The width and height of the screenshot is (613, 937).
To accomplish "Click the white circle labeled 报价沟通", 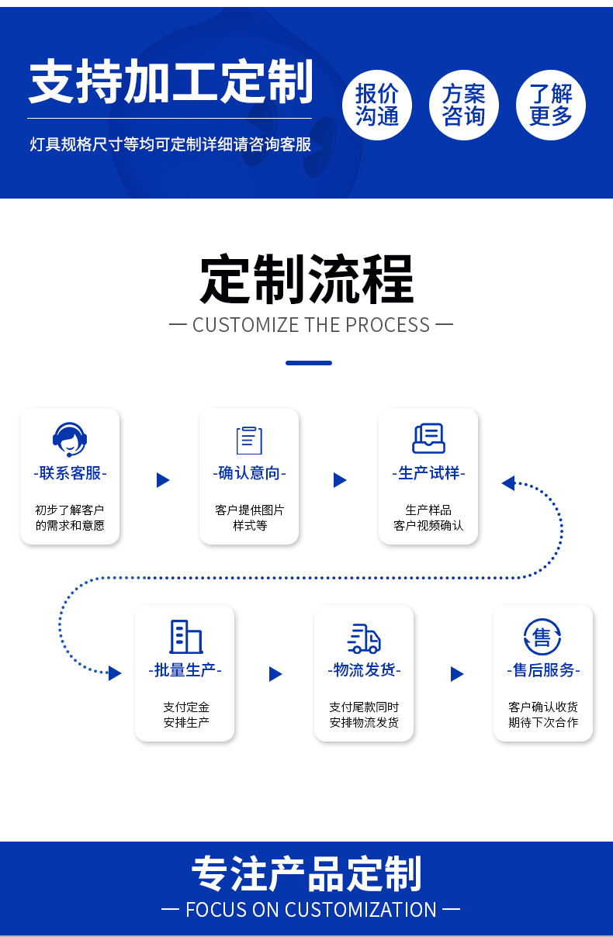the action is (377, 105).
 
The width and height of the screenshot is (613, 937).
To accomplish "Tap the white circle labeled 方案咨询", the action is (464, 105).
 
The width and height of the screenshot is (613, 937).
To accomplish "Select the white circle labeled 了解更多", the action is (551, 105).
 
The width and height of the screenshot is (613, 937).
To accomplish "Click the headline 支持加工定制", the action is (171, 82).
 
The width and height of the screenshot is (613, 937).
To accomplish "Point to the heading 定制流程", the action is (307, 279).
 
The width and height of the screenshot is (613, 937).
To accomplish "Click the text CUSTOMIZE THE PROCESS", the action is (310, 325).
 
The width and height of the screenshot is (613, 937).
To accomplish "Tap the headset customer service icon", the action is (70, 440).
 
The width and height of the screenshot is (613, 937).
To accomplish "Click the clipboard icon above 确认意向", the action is (249, 440).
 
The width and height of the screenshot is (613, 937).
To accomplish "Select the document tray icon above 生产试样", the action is (428, 439).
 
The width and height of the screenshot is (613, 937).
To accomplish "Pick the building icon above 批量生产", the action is (185, 637).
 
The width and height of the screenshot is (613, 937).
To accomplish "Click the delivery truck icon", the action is (364, 638).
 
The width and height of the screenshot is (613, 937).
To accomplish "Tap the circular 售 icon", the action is (542, 638).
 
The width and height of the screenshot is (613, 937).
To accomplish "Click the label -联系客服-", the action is (70, 473).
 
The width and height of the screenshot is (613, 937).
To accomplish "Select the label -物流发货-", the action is (364, 670).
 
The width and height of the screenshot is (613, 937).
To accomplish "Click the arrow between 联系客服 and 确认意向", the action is (162, 480).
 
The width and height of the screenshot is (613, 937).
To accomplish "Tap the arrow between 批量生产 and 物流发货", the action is (275, 674).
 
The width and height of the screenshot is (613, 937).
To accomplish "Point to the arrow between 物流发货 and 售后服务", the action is (456, 674).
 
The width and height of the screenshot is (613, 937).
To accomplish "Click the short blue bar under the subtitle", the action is (309, 363).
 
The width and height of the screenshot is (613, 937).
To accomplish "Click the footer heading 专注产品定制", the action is (307, 874).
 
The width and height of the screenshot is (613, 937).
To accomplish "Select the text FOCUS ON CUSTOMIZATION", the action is (310, 910).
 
